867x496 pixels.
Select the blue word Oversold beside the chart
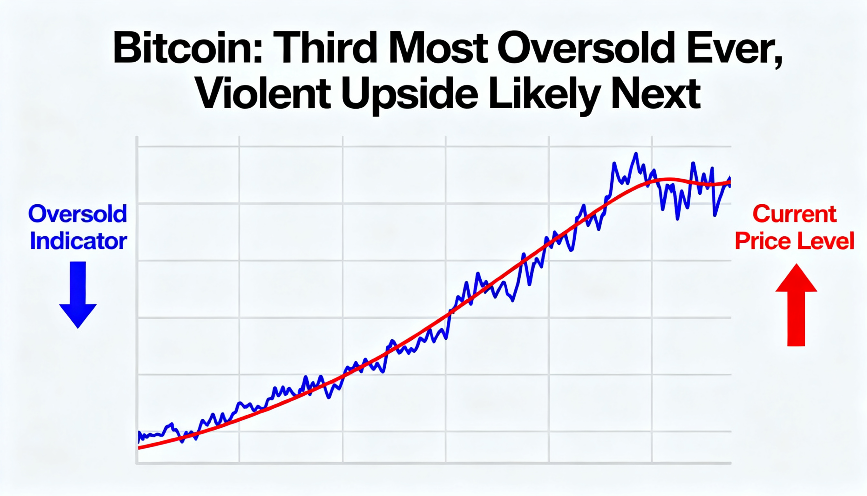tap(78, 214)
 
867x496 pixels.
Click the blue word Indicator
tap(78, 241)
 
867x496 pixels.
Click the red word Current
tap(794, 214)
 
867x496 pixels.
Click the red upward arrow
tap(796, 304)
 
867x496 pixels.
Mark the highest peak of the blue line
tap(635, 154)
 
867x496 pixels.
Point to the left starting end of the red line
tap(139, 448)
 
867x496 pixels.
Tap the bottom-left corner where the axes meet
tap(137, 463)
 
